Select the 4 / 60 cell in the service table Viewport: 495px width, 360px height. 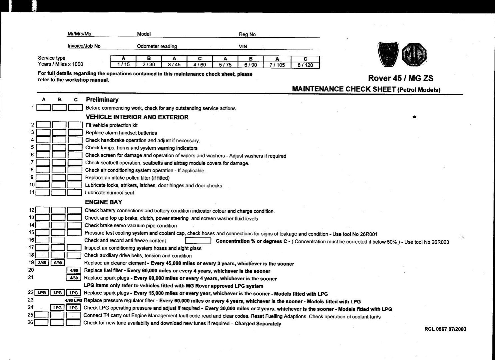200,65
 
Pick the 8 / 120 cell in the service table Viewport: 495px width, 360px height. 305,65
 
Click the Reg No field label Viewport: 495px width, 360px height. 247,34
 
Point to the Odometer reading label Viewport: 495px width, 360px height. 157,46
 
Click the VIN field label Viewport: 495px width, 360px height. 243,47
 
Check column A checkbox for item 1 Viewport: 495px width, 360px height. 43,108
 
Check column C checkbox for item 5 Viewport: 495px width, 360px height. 75,147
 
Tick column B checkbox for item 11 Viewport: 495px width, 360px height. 59,192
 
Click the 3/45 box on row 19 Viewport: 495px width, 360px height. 42,263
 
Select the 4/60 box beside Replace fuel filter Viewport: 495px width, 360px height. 74,270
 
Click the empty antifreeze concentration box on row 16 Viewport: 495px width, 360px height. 198,241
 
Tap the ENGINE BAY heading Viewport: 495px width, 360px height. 104,202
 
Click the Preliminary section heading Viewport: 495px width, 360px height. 102,99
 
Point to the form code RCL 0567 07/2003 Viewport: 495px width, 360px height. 445,329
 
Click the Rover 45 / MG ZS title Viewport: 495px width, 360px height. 400,78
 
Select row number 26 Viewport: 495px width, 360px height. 30,322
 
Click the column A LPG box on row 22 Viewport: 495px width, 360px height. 42,293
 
